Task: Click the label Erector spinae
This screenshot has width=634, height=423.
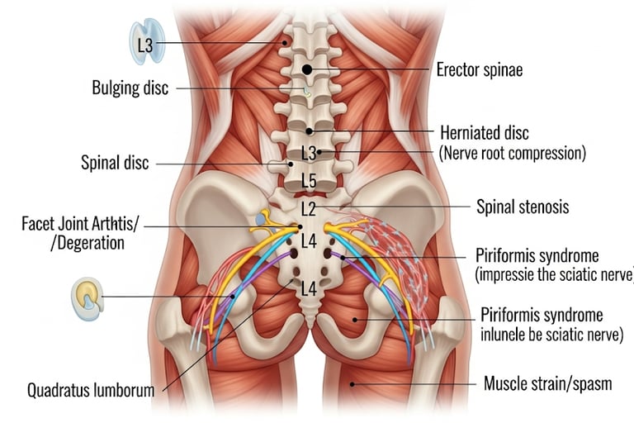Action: point(479,69)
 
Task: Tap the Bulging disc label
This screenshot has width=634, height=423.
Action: point(130,88)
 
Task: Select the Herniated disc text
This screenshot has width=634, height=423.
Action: point(484,133)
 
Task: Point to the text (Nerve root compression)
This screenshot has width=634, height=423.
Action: point(512,153)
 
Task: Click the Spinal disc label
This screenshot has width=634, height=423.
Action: point(115,163)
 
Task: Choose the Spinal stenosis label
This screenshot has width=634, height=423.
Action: point(523,207)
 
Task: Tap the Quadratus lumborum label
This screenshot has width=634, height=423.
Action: point(91,389)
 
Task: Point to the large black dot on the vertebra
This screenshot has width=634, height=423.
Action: point(307,70)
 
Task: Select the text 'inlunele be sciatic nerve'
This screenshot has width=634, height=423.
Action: point(551,335)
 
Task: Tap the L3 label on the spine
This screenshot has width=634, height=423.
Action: point(309,153)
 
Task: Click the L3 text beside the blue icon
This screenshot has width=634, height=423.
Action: point(145,45)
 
